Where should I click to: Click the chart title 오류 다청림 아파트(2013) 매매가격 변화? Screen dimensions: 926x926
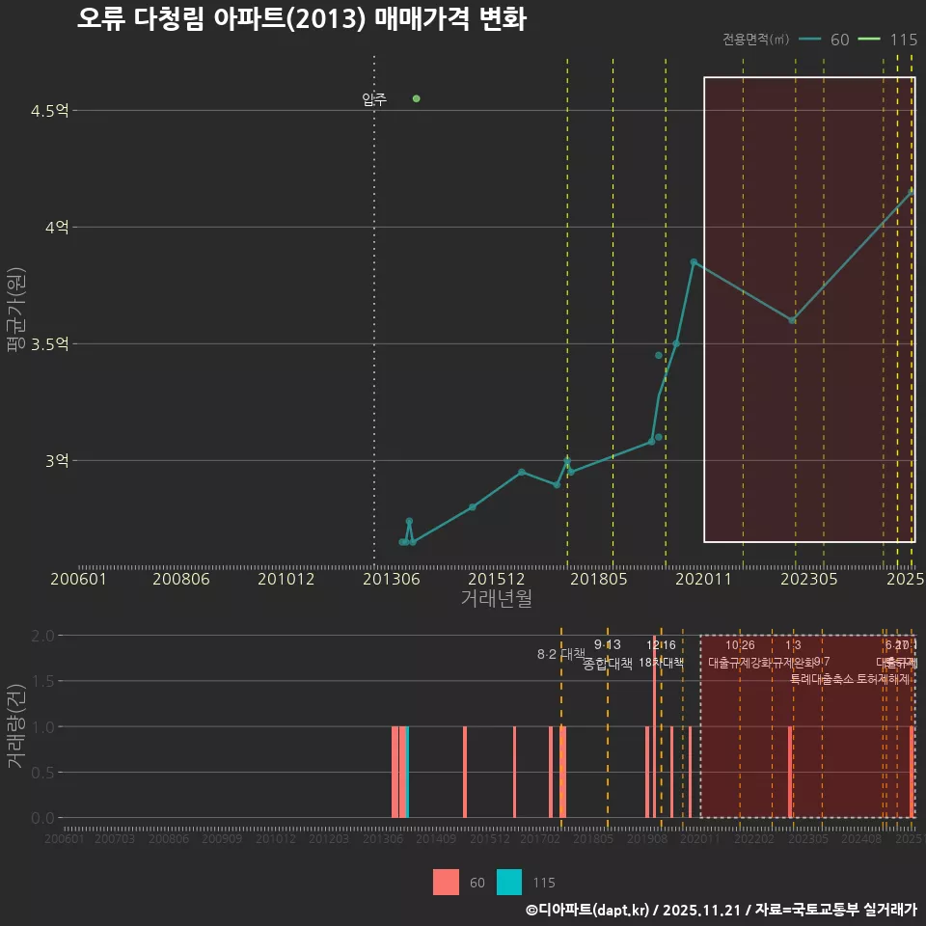[301, 19]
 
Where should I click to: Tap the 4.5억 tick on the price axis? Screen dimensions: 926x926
[49, 111]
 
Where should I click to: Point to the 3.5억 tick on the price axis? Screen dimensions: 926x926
[49, 344]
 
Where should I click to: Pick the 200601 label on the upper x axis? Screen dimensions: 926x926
[78, 579]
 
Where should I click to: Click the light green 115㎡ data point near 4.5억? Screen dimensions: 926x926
[416, 98]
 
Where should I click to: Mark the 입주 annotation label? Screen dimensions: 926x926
[374, 99]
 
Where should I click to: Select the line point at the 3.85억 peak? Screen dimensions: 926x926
[694, 261]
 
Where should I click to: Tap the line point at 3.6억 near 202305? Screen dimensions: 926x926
[793, 320]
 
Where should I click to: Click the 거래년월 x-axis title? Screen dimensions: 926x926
[496, 598]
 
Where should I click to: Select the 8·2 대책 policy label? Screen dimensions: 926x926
[561, 654]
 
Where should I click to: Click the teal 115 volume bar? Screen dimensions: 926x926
[408, 772]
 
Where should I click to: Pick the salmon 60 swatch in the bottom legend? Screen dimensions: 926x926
[446, 882]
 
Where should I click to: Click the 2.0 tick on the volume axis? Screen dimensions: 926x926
[42, 636]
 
